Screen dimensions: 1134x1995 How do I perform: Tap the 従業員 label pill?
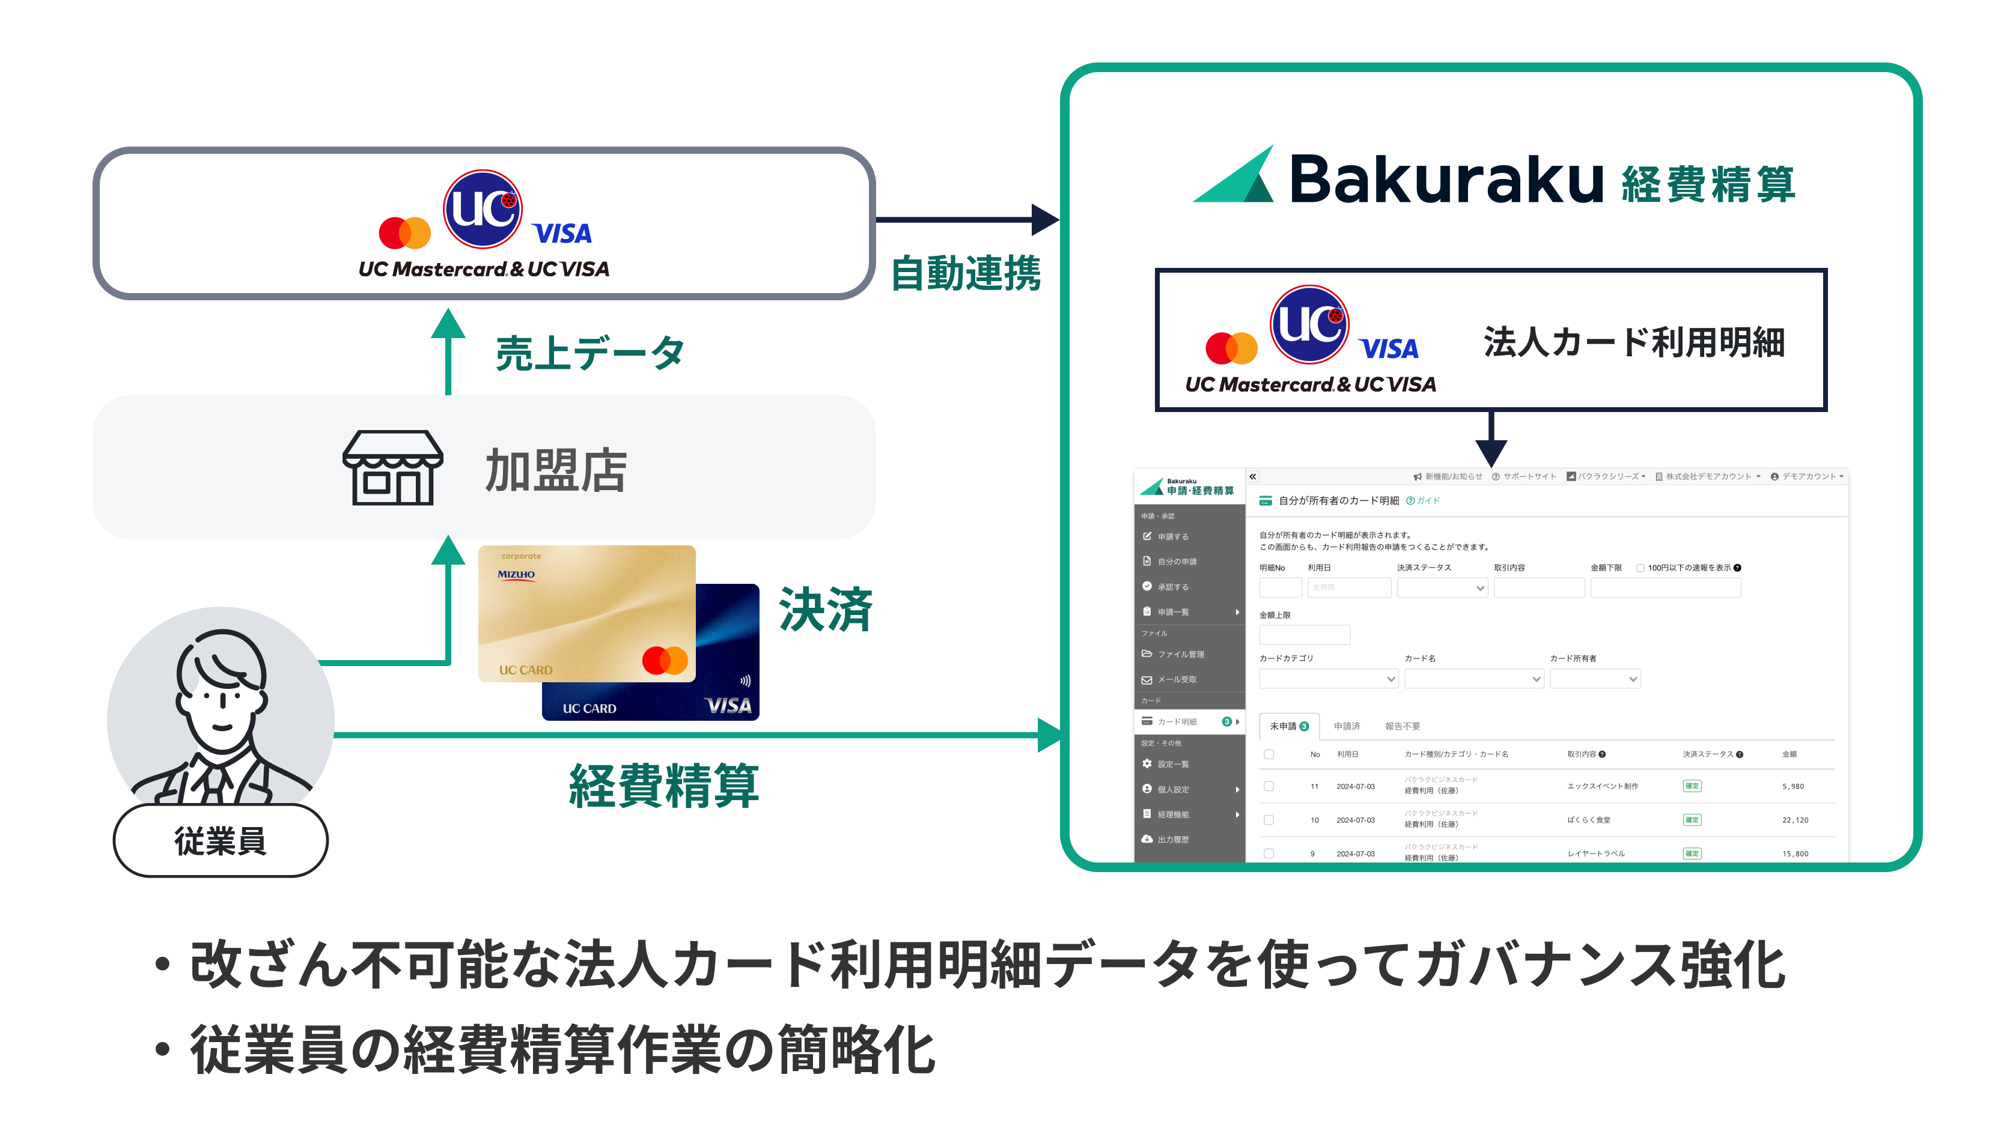tap(221, 841)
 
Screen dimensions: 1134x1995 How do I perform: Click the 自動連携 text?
tap(965, 273)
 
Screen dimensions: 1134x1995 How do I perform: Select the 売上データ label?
tap(589, 353)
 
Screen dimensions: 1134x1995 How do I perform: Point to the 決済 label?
tap(825, 609)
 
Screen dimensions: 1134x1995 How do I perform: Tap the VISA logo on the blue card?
tap(728, 706)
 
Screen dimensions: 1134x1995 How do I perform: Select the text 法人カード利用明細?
tap(1633, 343)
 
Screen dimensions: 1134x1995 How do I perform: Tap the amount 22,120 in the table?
tap(1795, 820)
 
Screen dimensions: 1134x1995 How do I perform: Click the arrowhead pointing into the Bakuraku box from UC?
tap(1043, 220)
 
